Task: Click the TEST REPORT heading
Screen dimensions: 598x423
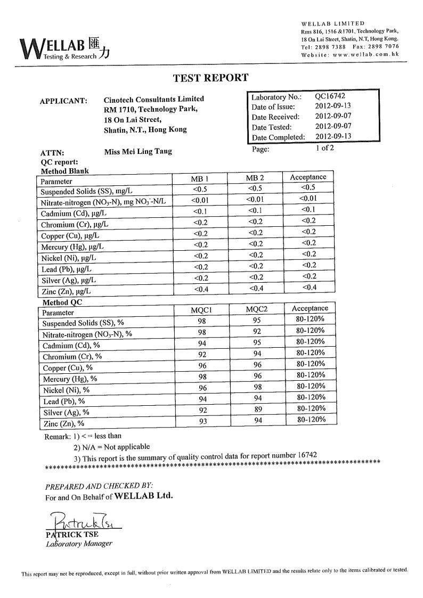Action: coord(210,78)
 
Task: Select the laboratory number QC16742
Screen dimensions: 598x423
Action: coord(331,97)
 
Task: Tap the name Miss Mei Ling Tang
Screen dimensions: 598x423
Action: coord(138,151)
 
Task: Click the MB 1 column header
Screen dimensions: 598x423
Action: coord(200,178)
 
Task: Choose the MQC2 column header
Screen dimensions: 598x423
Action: coord(255,310)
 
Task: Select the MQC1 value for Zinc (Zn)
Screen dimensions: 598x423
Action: coord(202,421)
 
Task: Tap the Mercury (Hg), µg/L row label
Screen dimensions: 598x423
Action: coord(72,247)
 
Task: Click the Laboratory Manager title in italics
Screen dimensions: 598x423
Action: coord(79,544)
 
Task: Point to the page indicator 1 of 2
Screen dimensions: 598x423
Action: coord(324,148)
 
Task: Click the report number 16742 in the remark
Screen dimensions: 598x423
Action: coord(306,455)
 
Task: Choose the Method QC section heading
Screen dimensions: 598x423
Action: coord(62,302)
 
